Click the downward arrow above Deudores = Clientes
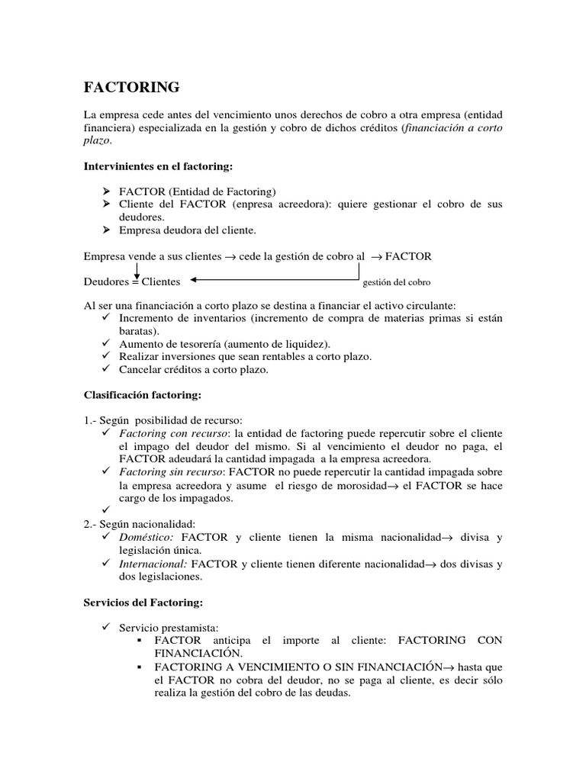pyautogui.click(x=136, y=269)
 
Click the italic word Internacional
pyautogui.click(x=153, y=564)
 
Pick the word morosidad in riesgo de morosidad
pyautogui.click(x=365, y=486)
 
